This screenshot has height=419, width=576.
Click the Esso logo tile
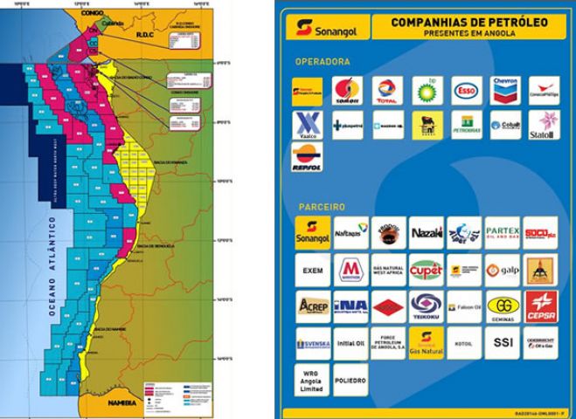(467, 90)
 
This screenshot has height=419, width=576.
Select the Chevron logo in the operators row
(504, 90)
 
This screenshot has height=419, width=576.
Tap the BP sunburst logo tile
(427, 90)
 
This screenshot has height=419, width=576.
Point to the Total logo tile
(386, 90)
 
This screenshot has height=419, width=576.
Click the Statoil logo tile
(544, 124)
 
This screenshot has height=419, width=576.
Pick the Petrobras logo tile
(467, 124)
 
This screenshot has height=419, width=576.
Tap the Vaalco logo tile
(308, 124)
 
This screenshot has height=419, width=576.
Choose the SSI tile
(503, 342)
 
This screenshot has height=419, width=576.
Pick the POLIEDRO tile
(350, 380)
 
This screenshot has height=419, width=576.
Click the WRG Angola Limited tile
(311, 380)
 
